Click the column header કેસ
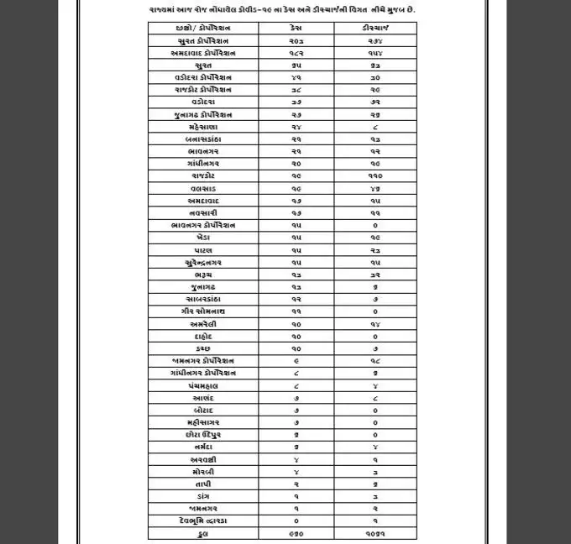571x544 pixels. (x=295, y=28)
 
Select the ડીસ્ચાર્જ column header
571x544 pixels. (x=374, y=28)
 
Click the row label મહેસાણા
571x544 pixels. (x=202, y=127)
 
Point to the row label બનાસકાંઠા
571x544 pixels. (x=202, y=139)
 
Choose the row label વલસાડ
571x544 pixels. (x=202, y=189)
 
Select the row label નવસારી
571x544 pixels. (x=202, y=213)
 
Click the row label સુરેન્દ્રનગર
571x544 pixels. (x=202, y=263)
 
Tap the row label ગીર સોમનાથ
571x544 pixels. (x=202, y=311)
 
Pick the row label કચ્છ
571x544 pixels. (x=202, y=348)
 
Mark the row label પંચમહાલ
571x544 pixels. (x=202, y=385)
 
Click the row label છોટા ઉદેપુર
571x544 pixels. (x=202, y=435)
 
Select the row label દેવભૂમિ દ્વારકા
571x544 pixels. (x=202, y=520)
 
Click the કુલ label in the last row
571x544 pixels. (x=202, y=533)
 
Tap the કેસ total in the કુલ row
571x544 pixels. (x=295, y=533)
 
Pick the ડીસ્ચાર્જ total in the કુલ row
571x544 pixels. (x=374, y=533)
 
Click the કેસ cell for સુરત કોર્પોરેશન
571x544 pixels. (x=295, y=40)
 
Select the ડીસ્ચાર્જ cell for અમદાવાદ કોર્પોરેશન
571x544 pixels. (x=374, y=53)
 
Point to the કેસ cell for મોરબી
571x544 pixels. (x=295, y=472)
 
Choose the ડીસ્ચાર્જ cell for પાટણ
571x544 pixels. (x=374, y=250)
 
